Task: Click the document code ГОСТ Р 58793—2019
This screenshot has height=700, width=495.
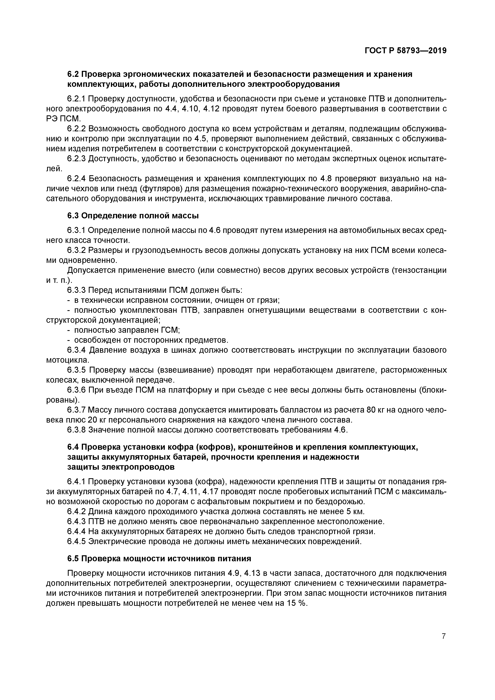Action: [405, 51]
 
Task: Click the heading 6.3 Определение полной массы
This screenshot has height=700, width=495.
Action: [133, 216]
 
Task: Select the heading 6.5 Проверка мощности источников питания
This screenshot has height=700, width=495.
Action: [159, 558]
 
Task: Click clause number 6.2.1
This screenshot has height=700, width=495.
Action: [77, 99]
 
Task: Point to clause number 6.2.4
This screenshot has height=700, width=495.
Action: [77, 178]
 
